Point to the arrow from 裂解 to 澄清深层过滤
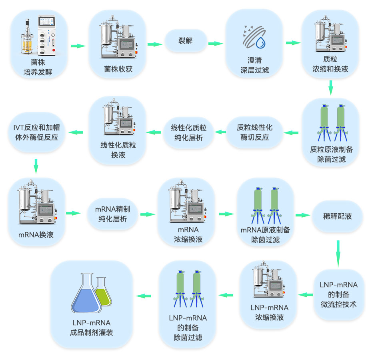[215, 44]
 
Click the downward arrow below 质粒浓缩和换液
[330, 88]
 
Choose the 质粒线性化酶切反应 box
[254, 132]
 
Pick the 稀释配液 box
[337, 216]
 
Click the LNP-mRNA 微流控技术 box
[338, 294]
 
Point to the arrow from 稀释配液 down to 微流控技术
[338, 253]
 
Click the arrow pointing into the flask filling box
[144, 296]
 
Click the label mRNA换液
[36, 235]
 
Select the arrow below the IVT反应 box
[36, 166]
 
